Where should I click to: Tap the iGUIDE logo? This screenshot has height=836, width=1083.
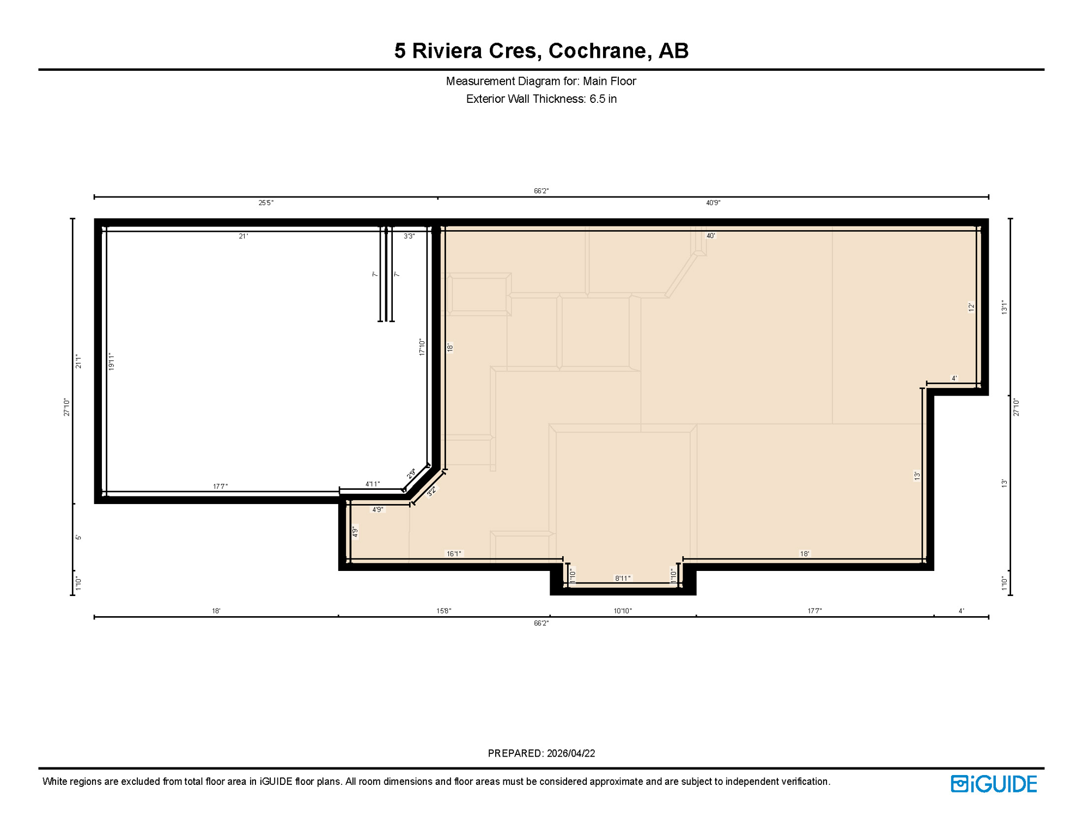(x=994, y=784)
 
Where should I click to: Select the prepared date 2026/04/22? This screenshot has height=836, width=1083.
(x=571, y=753)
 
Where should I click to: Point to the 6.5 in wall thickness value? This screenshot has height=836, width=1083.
(x=603, y=99)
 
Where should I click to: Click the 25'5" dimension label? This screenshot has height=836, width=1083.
(x=266, y=203)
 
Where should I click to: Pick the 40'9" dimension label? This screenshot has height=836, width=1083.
(x=713, y=203)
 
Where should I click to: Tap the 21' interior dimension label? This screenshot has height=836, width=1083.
(x=244, y=236)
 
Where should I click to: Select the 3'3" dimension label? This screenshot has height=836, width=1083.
(x=409, y=236)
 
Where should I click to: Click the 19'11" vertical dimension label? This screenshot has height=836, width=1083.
(x=111, y=361)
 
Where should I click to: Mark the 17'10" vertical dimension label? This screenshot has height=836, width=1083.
(x=422, y=347)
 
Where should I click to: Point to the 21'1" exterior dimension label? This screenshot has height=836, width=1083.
(x=78, y=361)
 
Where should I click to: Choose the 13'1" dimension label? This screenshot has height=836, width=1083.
(x=1005, y=308)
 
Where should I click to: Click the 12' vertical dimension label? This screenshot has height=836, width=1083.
(x=971, y=308)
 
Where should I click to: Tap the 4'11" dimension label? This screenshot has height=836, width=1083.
(x=373, y=484)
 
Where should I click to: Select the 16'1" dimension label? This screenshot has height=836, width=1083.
(x=454, y=554)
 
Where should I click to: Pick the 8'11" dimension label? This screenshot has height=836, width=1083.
(x=623, y=579)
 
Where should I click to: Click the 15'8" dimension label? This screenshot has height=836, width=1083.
(x=443, y=611)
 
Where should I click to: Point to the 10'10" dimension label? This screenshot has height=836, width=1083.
(x=623, y=611)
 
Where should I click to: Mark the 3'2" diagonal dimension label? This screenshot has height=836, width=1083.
(x=431, y=491)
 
